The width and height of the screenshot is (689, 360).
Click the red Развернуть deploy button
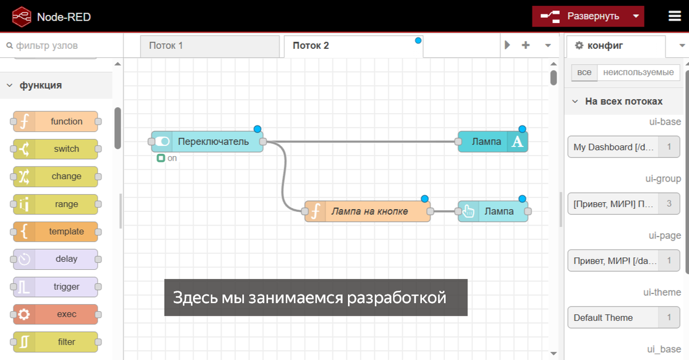click(x=588, y=16)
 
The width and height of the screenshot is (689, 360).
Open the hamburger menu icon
click(x=675, y=16)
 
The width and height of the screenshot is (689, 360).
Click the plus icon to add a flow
click(x=526, y=45)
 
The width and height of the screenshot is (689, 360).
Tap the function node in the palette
click(x=56, y=122)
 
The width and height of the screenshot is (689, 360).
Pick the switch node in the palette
click(x=56, y=149)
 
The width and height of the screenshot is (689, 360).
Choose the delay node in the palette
click(x=56, y=259)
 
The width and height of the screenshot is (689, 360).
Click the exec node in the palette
click(x=56, y=314)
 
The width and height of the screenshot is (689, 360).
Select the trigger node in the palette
click(x=56, y=287)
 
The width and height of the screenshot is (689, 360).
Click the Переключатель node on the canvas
click(x=207, y=142)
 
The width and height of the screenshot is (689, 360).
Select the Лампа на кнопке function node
click(x=367, y=211)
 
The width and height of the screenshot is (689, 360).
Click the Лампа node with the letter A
click(x=493, y=142)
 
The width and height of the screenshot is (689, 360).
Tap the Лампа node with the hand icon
click(x=493, y=211)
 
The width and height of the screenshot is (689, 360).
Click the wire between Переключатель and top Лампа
click(x=361, y=142)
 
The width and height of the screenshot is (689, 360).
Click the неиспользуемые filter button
click(x=638, y=72)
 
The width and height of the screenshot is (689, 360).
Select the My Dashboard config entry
click(x=624, y=147)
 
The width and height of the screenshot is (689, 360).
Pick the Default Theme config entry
click(x=624, y=318)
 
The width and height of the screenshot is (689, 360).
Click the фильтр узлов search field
click(x=61, y=45)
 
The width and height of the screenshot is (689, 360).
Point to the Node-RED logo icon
click(x=22, y=17)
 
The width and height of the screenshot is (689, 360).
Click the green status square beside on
click(x=161, y=158)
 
